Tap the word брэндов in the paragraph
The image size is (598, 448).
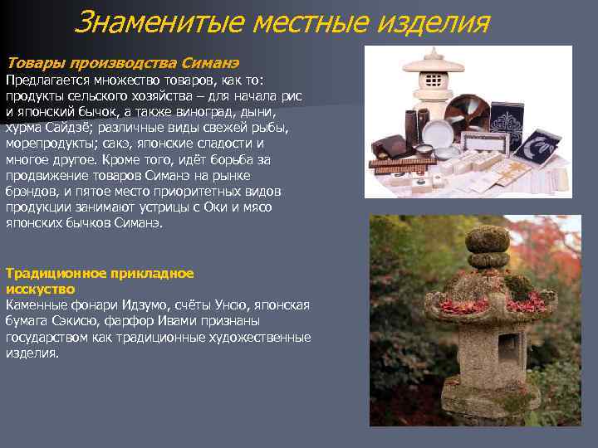(x=32, y=192)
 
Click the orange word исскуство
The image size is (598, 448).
(x=40, y=289)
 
